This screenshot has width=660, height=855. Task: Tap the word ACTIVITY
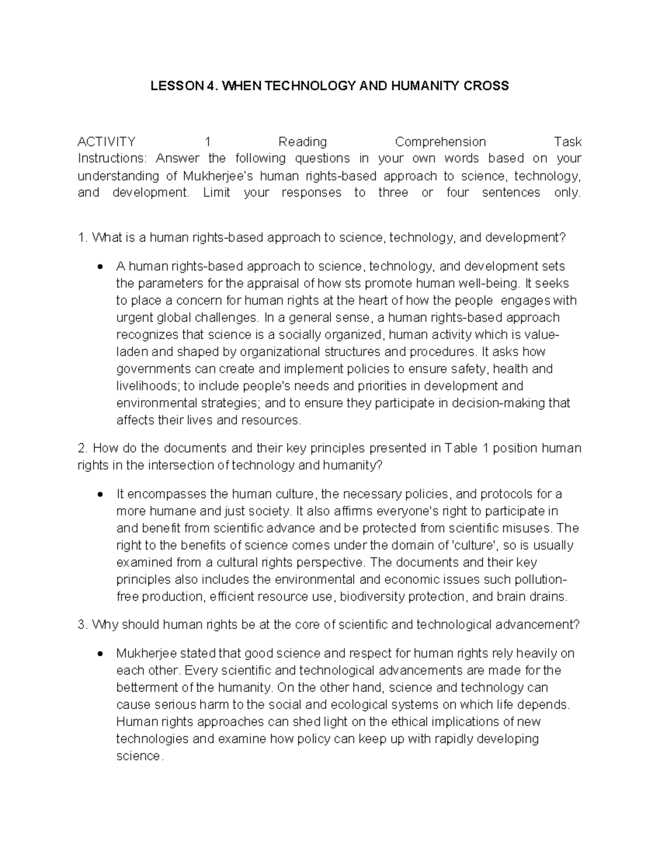pyautogui.click(x=106, y=142)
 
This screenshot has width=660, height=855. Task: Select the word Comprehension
pyautogui.click(x=440, y=142)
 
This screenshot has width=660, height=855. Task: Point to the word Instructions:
pyautogui.click(x=112, y=159)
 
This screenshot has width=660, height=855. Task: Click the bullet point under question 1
pyautogui.click(x=100, y=267)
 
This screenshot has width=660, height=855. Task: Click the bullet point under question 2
pyautogui.click(x=100, y=494)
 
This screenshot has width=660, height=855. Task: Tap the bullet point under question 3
pyautogui.click(x=100, y=654)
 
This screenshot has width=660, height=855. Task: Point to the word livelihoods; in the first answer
pyautogui.click(x=147, y=386)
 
